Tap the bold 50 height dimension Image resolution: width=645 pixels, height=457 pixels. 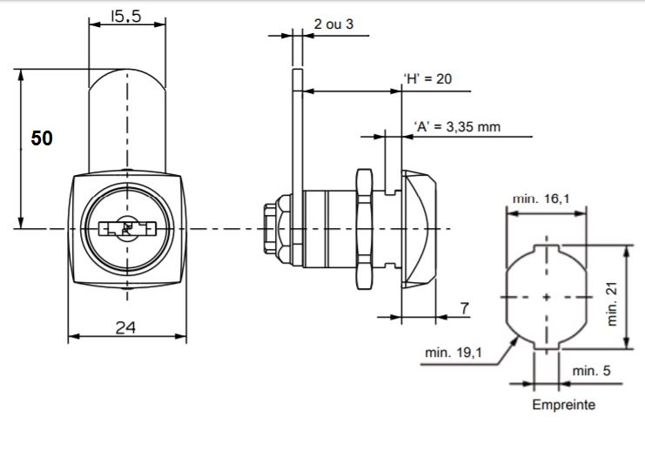pyautogui.click(x=42, y=138)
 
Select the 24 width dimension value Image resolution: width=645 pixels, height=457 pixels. pyautogui.click(x=125, y=327)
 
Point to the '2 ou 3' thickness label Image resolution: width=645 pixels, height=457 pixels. pyautogui.click(x=333, y=24)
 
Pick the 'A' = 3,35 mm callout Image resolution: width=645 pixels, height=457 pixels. pyautogui.click(x=457, y=126)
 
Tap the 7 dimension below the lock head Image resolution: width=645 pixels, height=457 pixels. pyautogui.click(x=464, y=307)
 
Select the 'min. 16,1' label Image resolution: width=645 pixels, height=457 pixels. pyautogui.click(x=541, y=198)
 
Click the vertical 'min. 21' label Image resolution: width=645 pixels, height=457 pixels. pyautogui.click(x=613, y=301)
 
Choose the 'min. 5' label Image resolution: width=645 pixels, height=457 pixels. pyautogui.click(x=591, y=371)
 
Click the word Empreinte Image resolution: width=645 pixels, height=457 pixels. pyautogui.click(x=563, y=405)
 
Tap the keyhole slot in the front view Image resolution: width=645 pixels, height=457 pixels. pyautogui.click(x=127, y=229)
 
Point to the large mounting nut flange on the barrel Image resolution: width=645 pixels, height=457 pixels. pyautogui.click(x=364, y=228)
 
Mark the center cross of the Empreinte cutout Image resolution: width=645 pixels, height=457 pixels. pyautogui.click(x=546, y=298)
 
